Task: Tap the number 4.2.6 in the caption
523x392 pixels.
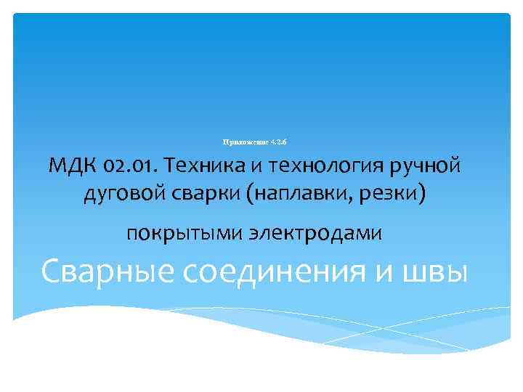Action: pyautogui.click(x=280, y=140)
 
